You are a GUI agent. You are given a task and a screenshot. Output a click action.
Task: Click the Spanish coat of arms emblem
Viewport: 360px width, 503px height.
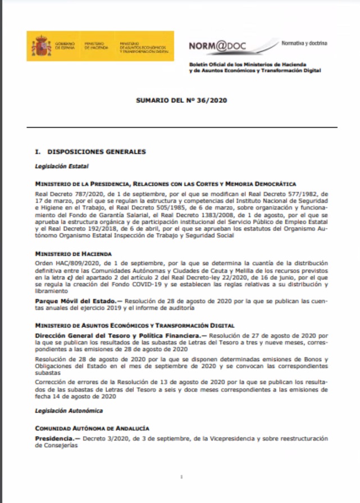[x=41, y=46]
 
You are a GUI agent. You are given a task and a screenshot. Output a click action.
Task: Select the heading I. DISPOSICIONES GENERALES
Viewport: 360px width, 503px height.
[x=90, y=152]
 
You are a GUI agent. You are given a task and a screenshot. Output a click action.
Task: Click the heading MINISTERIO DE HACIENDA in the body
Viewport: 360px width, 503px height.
[x=74, y=254]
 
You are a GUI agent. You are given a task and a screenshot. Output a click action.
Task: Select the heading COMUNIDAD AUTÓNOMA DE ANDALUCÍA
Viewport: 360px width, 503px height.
[x=92, y=428]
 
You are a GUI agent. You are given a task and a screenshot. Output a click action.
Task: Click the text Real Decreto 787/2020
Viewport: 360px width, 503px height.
[x=65, y=192]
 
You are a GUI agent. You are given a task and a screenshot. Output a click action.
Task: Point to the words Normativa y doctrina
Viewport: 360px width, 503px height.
[x=305, y=43]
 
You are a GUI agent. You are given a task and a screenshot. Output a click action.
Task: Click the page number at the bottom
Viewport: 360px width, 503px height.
[x=180, y=477]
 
